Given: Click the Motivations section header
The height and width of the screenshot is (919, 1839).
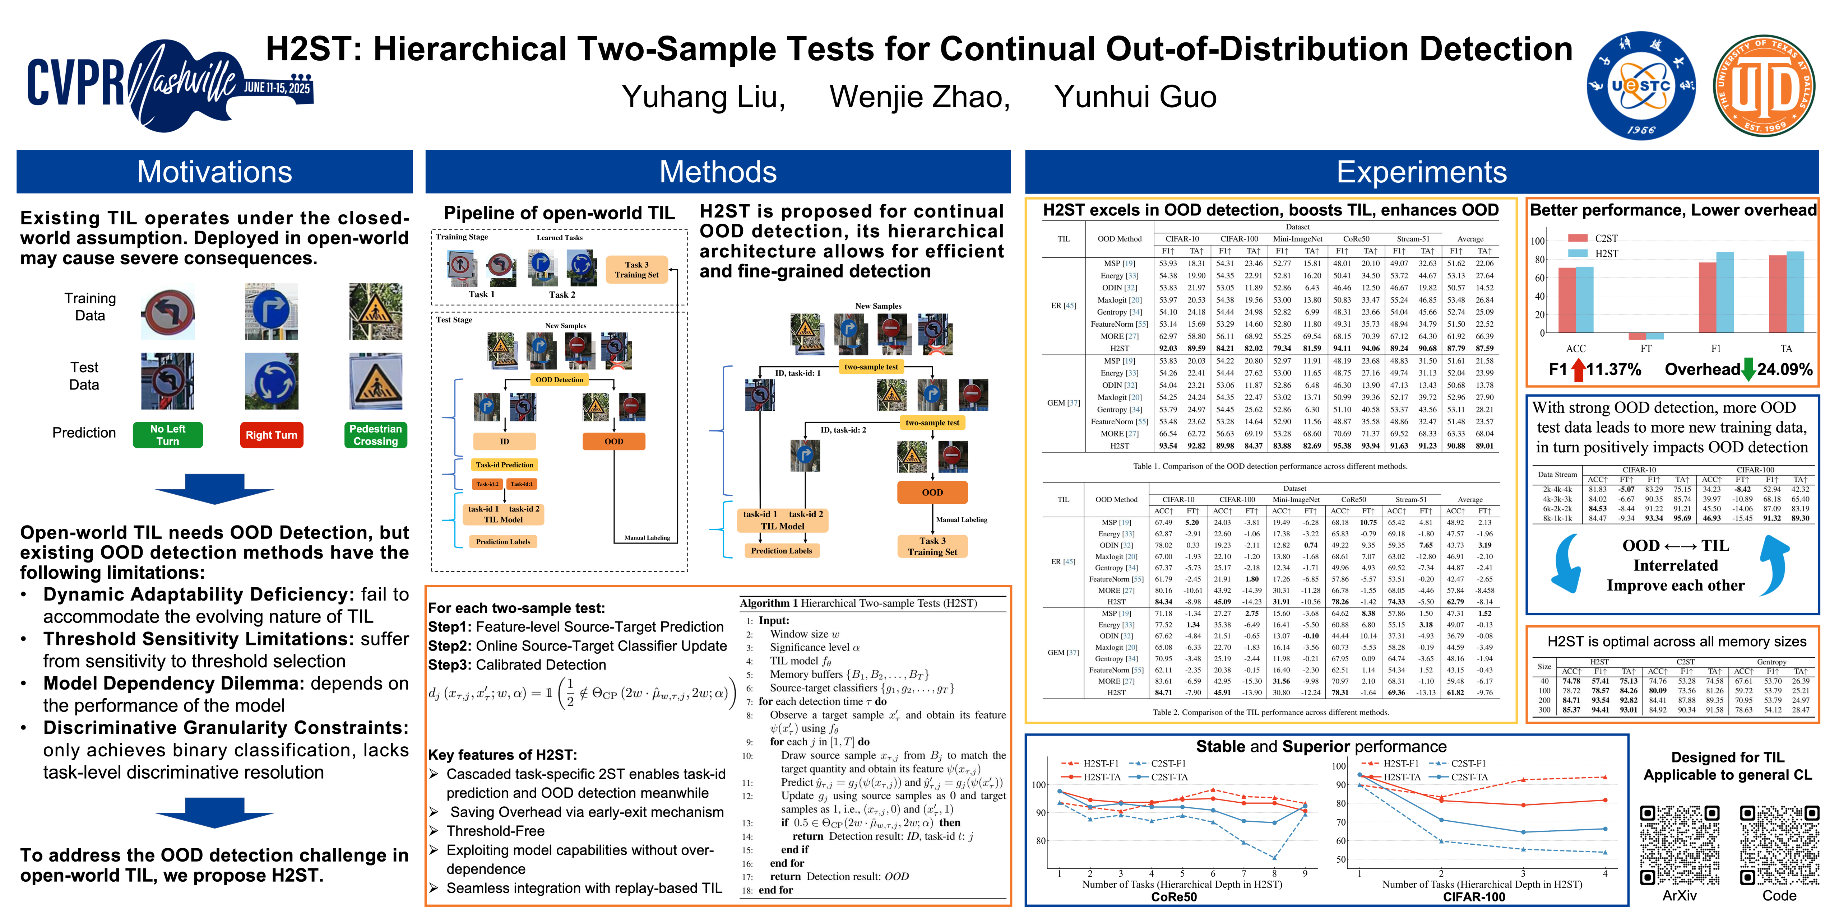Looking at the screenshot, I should click(214, 172).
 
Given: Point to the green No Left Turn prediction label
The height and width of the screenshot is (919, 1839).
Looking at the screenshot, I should click(168, 434).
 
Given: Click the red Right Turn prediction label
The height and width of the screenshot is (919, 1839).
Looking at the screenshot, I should click(271, 434).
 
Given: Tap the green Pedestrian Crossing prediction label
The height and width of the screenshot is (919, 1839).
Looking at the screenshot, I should click(375, 434).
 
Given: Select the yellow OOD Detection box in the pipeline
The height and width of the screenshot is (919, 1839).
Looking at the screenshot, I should click(560, 379).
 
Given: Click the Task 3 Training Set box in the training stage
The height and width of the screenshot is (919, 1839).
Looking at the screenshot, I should click(637, 270).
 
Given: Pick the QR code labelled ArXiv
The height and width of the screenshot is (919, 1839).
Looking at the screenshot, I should click(1679, 845).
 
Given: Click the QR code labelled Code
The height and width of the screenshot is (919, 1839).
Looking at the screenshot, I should click(1779, 845).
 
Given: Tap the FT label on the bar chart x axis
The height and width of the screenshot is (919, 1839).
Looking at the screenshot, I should click(1645, 349).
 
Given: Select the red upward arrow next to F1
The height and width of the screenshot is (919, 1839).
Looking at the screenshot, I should click(1579, 369).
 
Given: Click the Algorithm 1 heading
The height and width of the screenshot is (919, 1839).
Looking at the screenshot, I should click(858, 603).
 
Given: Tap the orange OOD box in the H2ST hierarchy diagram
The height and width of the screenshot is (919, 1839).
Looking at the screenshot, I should click(932, 492).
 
